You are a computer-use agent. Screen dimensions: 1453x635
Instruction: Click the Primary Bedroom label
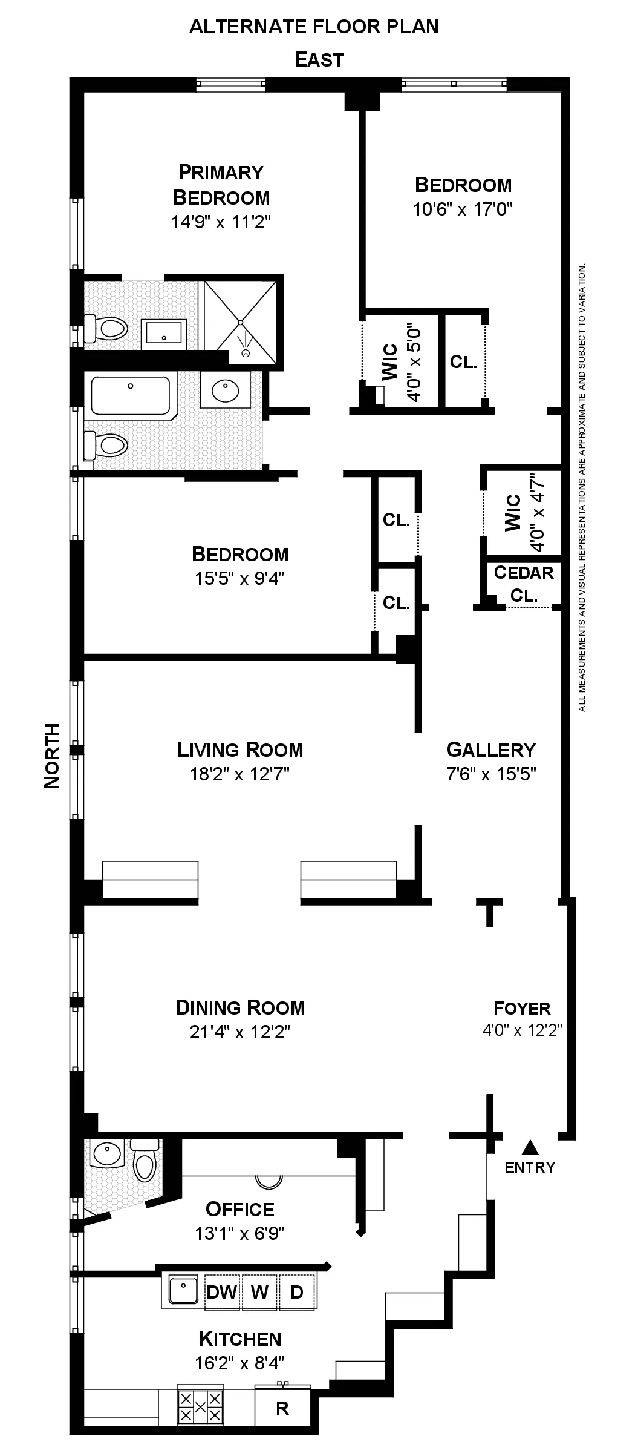pyautogui.click(x=221, y=185)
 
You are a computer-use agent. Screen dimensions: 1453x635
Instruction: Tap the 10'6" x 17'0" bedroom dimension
pyautogui.click(x=463, y=209)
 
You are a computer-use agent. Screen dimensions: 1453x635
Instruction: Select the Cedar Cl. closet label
pyautogui.click(x=524, y=584)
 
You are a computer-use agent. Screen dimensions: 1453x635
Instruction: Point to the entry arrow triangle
pyautogui.click(x=530, y=1146)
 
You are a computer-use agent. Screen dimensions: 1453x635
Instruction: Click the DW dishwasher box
pyautogui.click(x=222, y=1292)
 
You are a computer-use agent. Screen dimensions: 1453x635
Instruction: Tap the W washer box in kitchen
pyautogui.click(x=259, y=1292)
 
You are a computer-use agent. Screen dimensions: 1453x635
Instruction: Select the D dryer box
pyautogui.click(x=297, y=1292)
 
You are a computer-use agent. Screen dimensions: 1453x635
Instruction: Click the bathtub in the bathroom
pyautogui.click(x=131, y=395)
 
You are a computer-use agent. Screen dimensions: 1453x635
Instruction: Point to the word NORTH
pyautogui.click(x=52, y=756)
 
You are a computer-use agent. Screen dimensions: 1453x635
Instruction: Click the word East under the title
pyautogui.click(x=319, y=60)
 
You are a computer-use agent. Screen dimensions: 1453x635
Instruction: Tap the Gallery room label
pyautogui.click(x=490, y=750)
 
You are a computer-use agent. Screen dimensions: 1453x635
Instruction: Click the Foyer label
pyautogui.click(x=522, y=1008)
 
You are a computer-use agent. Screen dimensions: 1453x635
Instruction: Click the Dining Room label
pyautogui.click(x=240, y=1007)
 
